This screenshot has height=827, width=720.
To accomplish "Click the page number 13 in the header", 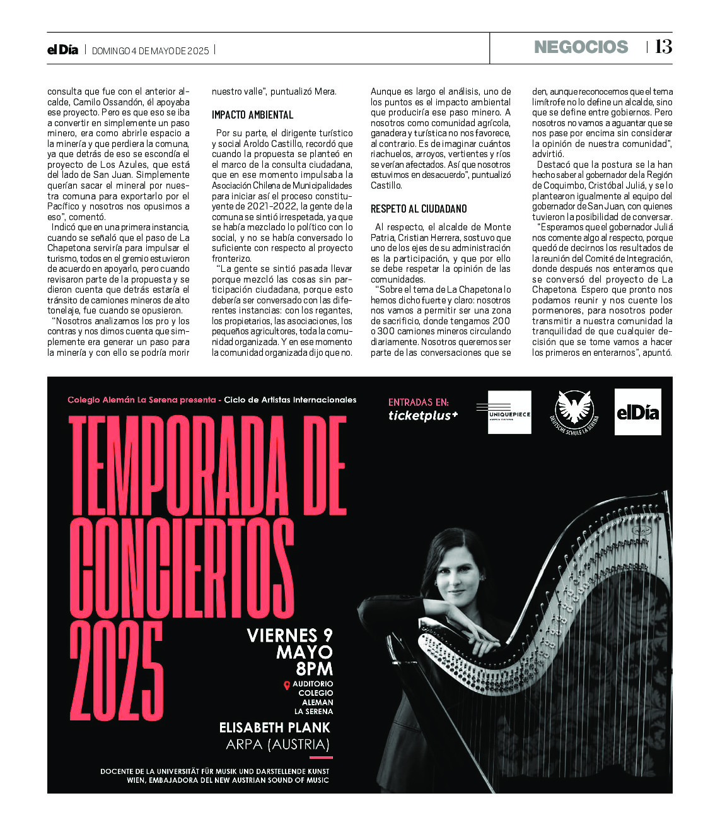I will coord(663,47).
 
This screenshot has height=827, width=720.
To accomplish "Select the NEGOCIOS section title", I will coord(581,47).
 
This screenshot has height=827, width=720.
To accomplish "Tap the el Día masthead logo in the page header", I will coord(62,49).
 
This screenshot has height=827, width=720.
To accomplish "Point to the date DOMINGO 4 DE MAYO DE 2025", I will coord(150,50).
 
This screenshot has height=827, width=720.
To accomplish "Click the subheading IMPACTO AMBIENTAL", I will coord(252,115).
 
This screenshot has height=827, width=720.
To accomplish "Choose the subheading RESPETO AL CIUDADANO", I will coord(419,209).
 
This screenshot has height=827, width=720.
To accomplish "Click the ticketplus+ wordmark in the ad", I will coord(423,415).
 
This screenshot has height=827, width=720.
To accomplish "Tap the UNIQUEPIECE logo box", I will coord(509,413).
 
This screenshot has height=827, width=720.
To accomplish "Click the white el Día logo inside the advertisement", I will coord(637,412).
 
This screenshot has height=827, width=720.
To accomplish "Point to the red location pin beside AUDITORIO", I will coord(287,685).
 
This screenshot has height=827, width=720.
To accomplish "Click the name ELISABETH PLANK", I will coord(274,728).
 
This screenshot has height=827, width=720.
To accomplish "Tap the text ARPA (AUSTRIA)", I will coord(277,745).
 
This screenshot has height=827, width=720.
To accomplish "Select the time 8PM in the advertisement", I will coord(314,669).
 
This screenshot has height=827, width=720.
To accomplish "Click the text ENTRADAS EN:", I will coord(418,402).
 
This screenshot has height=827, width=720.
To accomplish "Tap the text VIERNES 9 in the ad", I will coord(289,635).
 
